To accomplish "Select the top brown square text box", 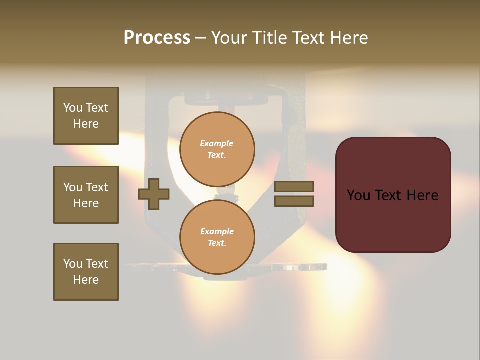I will (86, 116).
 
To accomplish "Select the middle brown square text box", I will (86, 195).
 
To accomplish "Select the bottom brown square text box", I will (86, 272).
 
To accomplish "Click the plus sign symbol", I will (154, 194).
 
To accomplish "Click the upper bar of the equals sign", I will (294, 186).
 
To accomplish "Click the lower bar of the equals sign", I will (294, 201).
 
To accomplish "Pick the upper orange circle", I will (217, 149).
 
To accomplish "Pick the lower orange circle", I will (217, 237).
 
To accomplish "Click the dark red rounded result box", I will (393, 195).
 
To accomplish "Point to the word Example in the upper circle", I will (217, 144).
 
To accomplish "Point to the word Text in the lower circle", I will (216, 243).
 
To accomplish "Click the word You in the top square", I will (73, 108).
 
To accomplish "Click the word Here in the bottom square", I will (86, 280).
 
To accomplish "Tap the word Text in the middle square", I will (96, 187).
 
